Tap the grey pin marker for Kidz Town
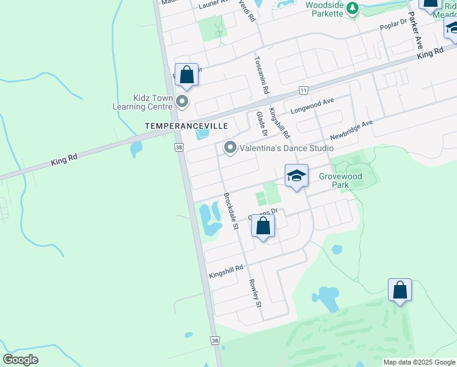pyautogui.click(x=182, y=102)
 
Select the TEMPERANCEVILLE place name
pyautogui.click(x=186, y=125)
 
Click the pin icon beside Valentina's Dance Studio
pyautogui.click(x=230, y=147)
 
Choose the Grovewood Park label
pyautogui.click(x=340, y=180)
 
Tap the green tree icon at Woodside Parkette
pyautogui.click(x=352, y=8)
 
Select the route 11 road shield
pyautogui.click(x=303, y=91)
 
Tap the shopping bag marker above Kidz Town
pyautogui.click(x=187, y=75)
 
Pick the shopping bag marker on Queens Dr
pyautogui.click(x=263, y=226)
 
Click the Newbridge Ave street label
pyautogui.click(x=351, y=129)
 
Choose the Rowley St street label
pyautogui.click(x=255, y=293)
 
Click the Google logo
pyautogui.click(x=21, y=360)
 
